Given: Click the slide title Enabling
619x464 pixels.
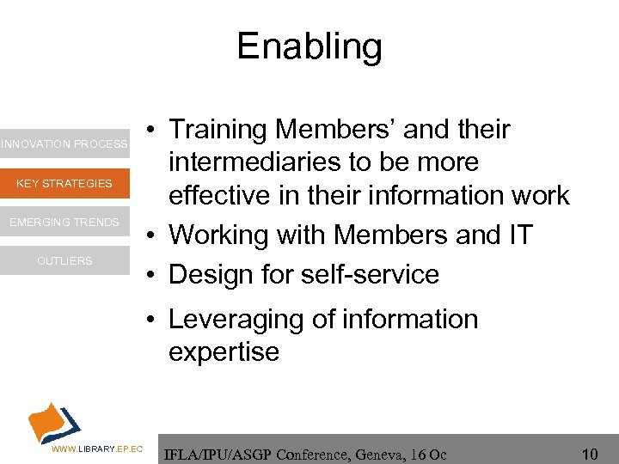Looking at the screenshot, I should pyautogui.click(x=309, y=46).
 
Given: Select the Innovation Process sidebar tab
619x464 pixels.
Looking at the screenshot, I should pyautogui.click(x=64, y=144).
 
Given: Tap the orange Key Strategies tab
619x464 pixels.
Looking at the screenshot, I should pyautogui.click(x=64, y=183).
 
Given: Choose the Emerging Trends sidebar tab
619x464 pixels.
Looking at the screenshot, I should pyautogui.click(x=64, y=223).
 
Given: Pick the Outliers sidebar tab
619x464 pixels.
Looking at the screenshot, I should pyautogui.click(x=64, y=261).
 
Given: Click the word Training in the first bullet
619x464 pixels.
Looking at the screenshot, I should pyautogui.click(x=221, y=130).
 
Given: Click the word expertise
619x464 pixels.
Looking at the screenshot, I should pyautogui.click(x=224, y=351).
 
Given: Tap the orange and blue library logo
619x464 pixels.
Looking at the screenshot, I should pyautogui.click(x=54, y=421).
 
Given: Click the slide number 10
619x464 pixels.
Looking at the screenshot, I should pyautogui.click(x=590, y=452).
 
